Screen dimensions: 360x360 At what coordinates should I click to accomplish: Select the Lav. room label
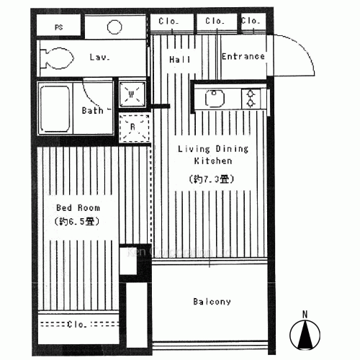point(99,57)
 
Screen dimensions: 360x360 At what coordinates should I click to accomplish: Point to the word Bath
point(91,110)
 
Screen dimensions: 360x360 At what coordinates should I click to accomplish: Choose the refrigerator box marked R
point(132,128)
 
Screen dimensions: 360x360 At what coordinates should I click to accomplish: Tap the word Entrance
point(243,56)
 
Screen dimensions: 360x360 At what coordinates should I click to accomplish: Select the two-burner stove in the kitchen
point(250,98)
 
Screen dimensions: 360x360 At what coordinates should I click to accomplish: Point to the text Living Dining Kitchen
point(213,156)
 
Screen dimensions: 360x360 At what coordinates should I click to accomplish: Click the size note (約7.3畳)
point(213,179)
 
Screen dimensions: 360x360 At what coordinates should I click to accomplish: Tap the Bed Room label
point(78,207)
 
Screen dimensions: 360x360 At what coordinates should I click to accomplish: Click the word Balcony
point(212,302)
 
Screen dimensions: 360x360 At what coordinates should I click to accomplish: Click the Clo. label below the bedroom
point(77,325)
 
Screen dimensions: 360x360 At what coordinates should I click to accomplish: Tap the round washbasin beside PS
point(115,27)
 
